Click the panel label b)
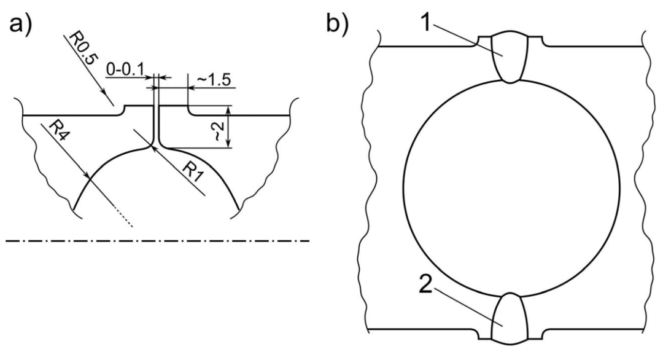337,25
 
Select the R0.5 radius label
80,49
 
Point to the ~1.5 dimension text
214,80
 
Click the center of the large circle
511,187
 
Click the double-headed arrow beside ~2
228,127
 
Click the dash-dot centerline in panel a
157,241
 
